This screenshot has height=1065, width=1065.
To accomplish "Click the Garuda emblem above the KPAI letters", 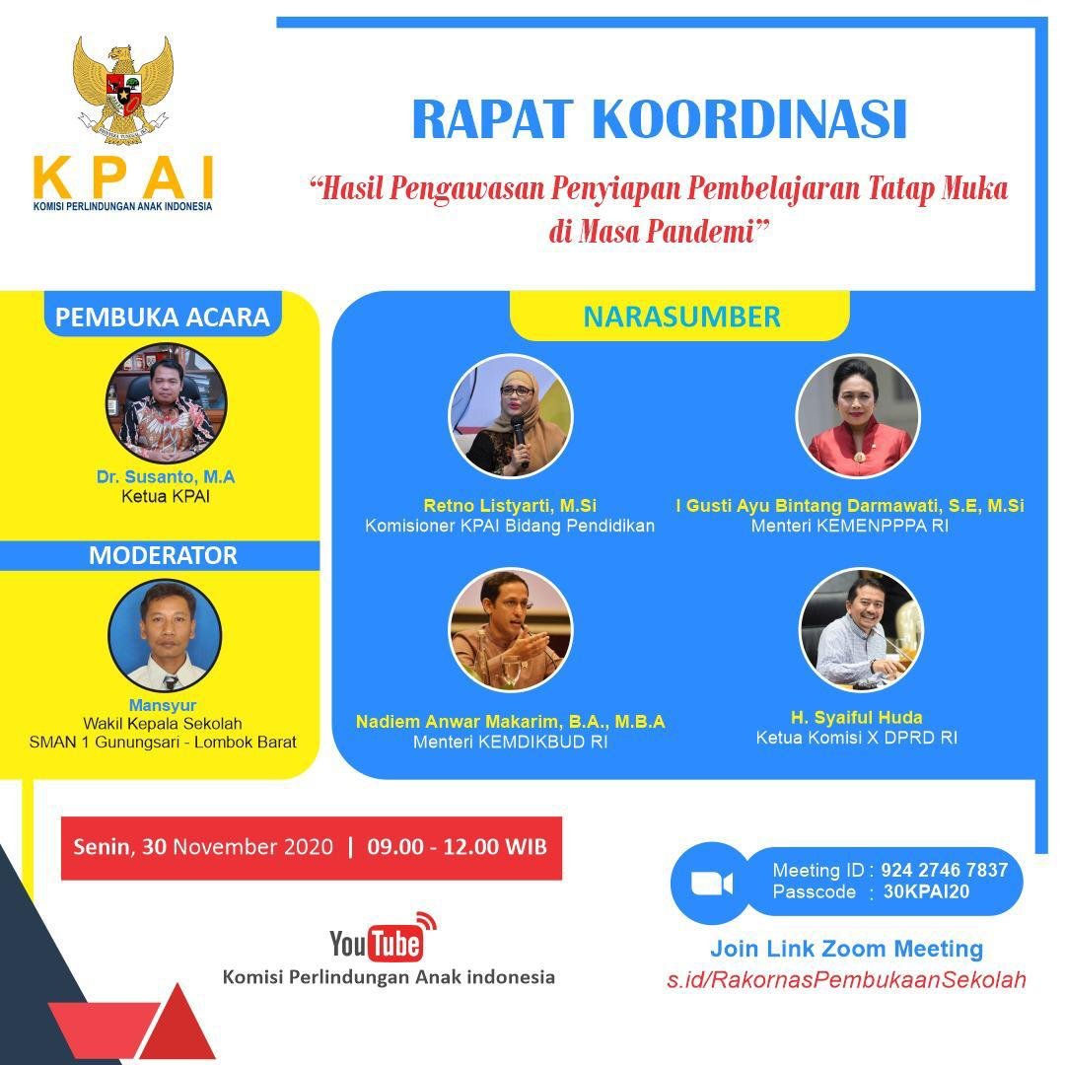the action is coord(123,90).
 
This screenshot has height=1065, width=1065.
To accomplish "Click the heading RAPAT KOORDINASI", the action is coord(660,119).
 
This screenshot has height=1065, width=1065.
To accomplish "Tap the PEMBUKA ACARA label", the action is coord(163,318).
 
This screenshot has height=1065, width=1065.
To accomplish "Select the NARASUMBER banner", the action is coord(682,318).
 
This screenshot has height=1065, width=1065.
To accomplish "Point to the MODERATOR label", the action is coord(163,555).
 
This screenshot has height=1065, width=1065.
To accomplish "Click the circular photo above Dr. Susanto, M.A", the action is coord(167,403).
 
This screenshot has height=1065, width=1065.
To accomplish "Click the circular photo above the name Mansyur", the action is coord(165,635).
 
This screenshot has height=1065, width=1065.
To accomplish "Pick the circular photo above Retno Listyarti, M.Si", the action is coord(511,416).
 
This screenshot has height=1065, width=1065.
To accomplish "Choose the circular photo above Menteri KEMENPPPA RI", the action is coord(857,416).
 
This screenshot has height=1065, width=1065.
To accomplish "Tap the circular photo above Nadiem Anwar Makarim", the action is coord(511,629).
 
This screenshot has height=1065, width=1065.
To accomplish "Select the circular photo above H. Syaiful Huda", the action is coord(861,629).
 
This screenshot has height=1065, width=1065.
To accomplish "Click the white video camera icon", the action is coord(711,884).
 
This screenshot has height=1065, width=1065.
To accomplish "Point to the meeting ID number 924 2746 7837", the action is coord(944,870).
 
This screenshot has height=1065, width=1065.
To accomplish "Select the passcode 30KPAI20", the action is coord(926,891).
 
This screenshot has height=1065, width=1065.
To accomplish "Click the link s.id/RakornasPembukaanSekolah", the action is coord(846,979).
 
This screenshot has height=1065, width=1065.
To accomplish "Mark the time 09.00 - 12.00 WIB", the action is coord(458,847).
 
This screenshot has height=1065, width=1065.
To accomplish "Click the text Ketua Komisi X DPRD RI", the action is coord(857,738).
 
